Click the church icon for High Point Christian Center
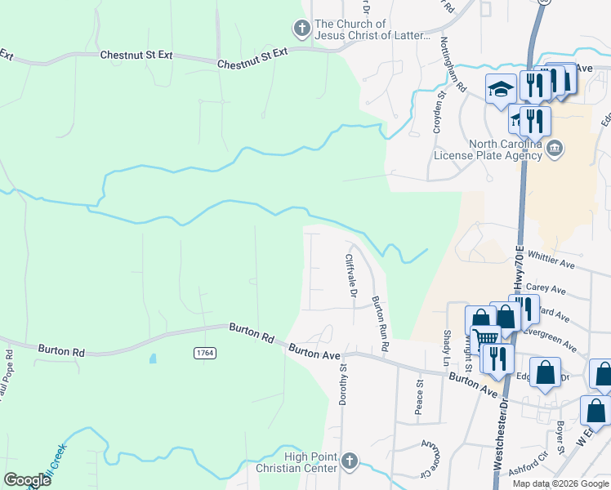(350, 461)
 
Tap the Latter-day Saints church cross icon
(302, 29)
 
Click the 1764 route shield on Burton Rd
(205, 353)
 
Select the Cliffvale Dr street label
(351, 275)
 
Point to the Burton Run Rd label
(378, 324)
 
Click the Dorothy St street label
(343, 385)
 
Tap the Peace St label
(419, 395)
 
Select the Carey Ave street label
(546, 288)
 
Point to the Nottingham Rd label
(453, 63)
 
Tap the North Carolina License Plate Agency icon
(555, 148)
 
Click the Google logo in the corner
(27, 480)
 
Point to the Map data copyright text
(561, 483)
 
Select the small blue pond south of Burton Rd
(153, 359)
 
